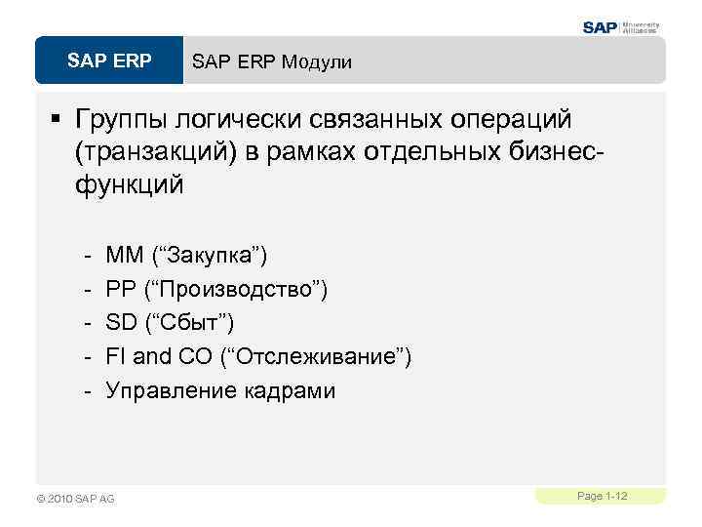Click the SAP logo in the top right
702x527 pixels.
coord(601,27)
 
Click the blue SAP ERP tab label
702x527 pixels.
coord(109,61)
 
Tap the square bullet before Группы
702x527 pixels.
coord(56,119)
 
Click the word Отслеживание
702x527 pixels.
coord(317,357)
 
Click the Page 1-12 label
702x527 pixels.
coord(602,497)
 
